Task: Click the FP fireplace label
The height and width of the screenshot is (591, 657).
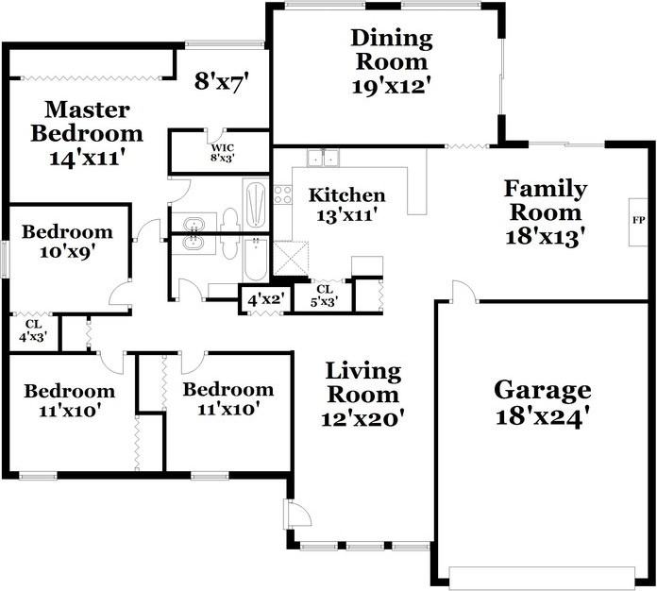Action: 638,220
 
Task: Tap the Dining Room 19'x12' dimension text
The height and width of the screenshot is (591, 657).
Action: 392,87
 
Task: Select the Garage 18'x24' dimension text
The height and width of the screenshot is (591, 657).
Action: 543,416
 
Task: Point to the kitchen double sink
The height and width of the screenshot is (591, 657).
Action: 324,158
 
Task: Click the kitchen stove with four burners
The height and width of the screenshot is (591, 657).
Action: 282,194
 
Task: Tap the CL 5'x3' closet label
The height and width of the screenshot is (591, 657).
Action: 325,295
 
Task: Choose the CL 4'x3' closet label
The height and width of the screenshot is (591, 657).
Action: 32,330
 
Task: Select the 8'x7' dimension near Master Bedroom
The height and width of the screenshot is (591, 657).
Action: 222,81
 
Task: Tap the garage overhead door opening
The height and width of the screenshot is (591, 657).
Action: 542,579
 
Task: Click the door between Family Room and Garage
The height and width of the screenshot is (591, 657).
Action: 464,292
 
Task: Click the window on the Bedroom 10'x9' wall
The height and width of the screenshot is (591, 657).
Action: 5,258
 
